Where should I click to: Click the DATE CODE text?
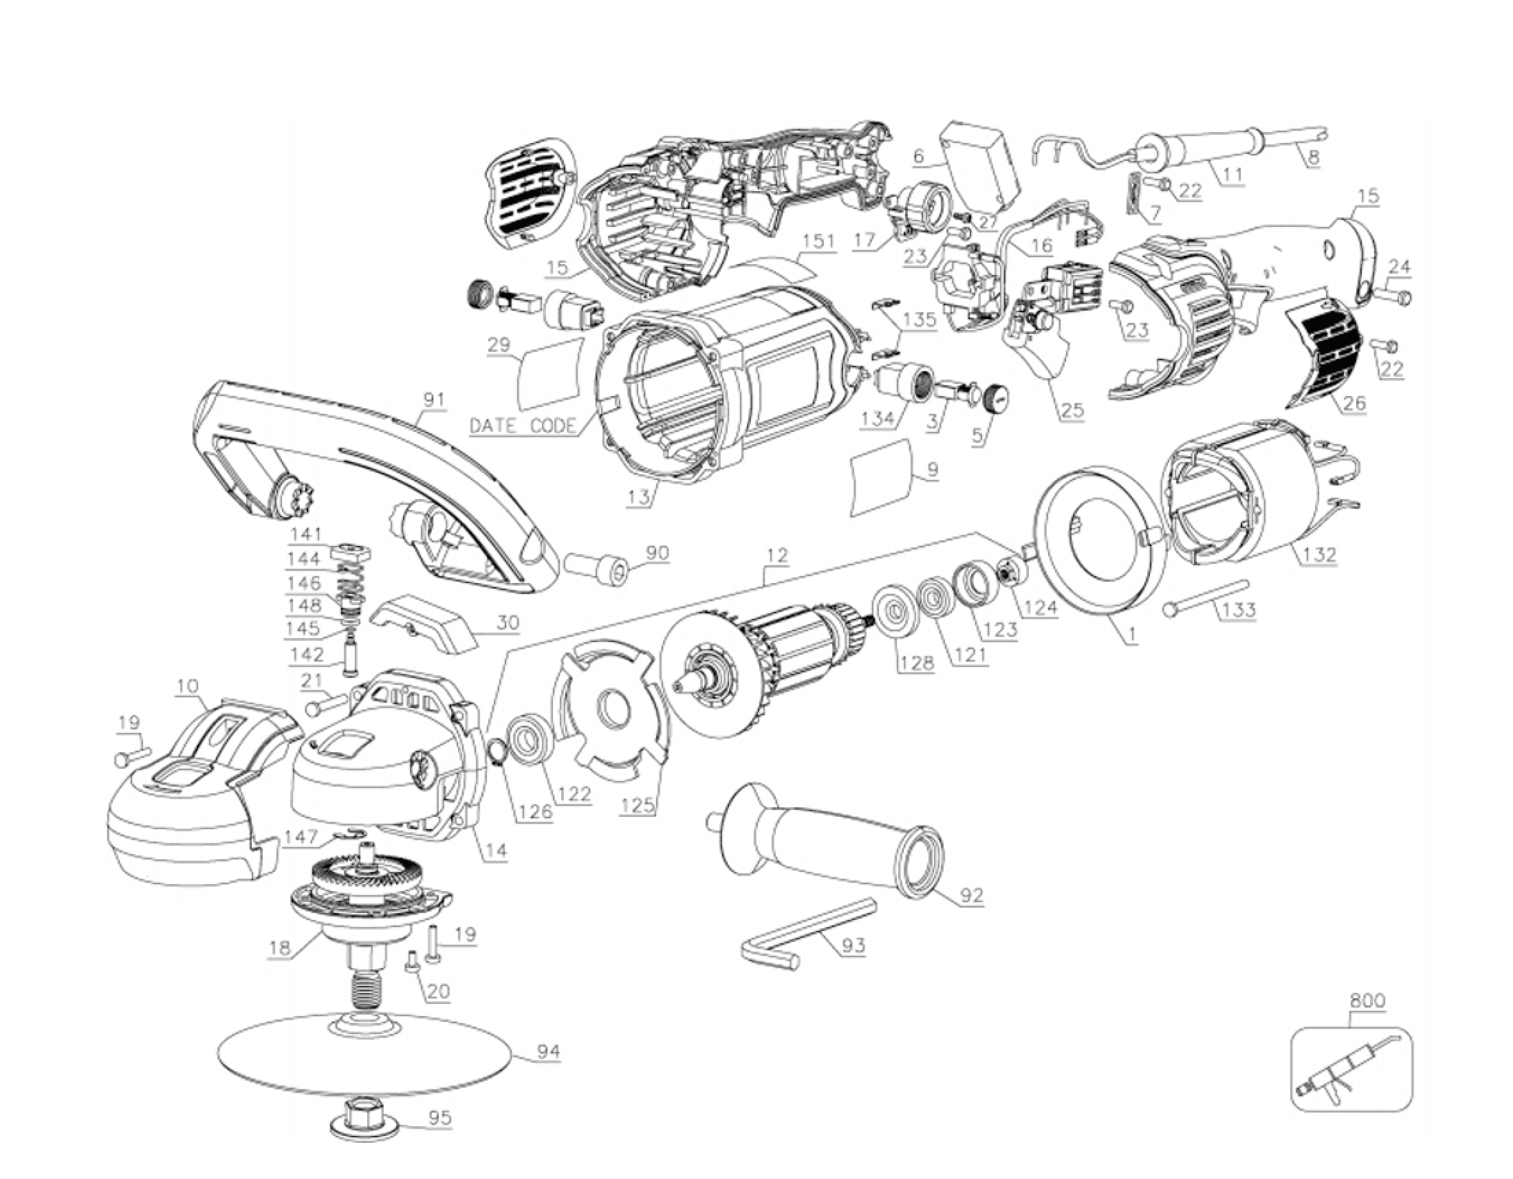[523, 425]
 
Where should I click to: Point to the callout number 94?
[549, 1051]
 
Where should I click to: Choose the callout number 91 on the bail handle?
[434, 400]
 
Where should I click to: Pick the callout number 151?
[820, 242]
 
